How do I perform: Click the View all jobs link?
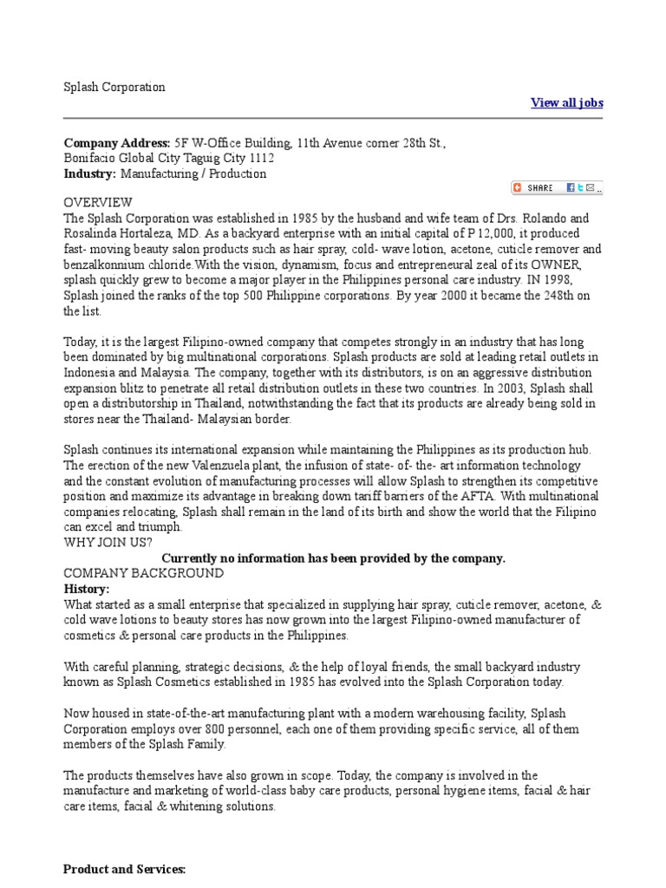[566, 103]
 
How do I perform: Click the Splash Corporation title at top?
[114, 87]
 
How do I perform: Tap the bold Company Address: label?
[117, 142]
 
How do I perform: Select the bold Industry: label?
[90, 173]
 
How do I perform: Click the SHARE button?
[532, 187]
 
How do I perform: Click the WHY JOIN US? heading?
[108, 543]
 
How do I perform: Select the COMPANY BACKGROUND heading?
[144, 574]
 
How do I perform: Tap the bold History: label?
[87, 589]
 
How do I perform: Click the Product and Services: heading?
[126, 869]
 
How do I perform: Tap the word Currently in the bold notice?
[193, 558]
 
